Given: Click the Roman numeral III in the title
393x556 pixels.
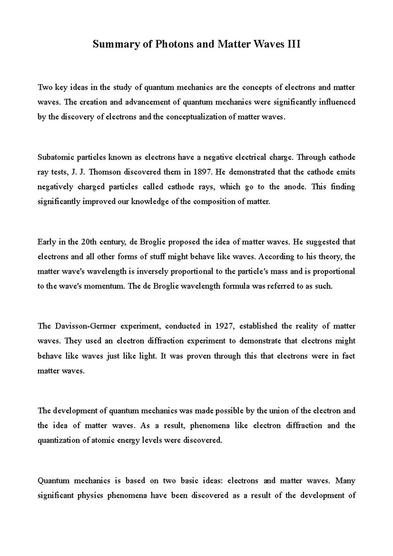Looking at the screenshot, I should (293, 44).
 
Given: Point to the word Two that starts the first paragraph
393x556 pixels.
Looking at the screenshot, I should (45, 87).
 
